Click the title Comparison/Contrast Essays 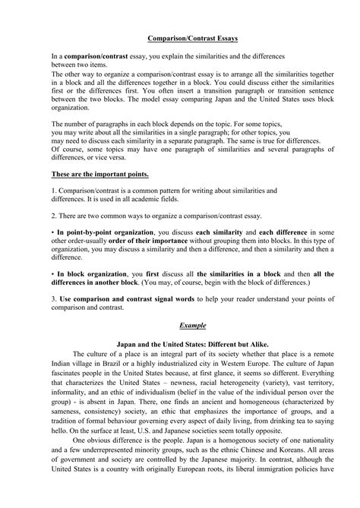180,36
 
